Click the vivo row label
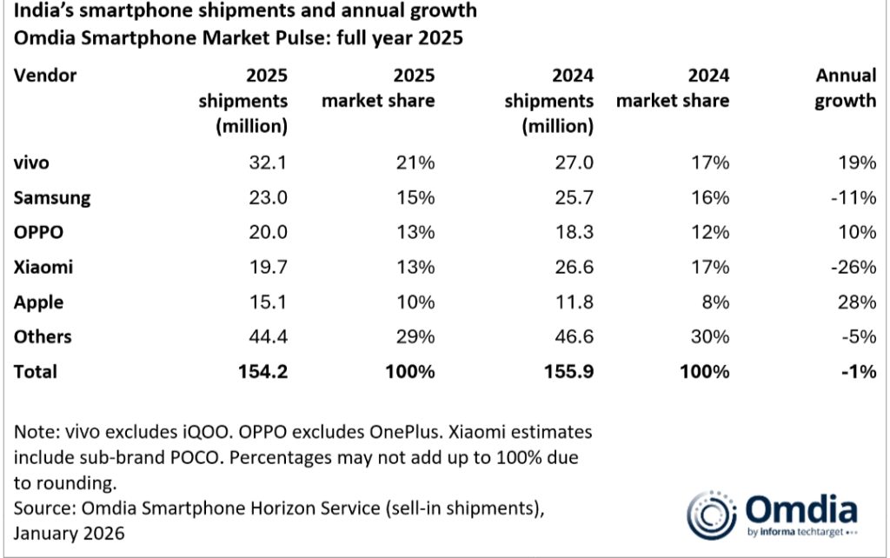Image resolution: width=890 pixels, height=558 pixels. [31, 163]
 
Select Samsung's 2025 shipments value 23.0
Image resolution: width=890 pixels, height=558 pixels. [268, 197]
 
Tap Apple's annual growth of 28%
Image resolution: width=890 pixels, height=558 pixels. [856, 302]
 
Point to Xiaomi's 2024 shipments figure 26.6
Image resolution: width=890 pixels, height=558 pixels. [574, 267]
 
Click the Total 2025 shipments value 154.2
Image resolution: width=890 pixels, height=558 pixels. [262, 371]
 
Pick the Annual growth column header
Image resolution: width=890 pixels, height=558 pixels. [846, 88]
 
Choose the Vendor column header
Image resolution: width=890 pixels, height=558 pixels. [45, 76]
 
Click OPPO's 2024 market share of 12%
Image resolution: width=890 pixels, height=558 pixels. [710, 232]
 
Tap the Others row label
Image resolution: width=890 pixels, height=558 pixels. [43, 336]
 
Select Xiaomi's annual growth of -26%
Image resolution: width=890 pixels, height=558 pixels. [853, 267]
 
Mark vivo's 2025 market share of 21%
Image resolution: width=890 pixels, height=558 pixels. [415, 163]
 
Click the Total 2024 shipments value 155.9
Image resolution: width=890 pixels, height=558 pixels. [568, 371]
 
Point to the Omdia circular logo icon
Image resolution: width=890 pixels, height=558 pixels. [711, 515]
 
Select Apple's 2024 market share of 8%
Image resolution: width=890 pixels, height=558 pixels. [715, 302]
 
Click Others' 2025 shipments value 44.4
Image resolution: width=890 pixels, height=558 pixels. [268, 336]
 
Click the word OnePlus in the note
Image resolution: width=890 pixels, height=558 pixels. [405, 432]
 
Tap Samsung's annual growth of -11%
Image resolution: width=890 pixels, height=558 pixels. [853, 197]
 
